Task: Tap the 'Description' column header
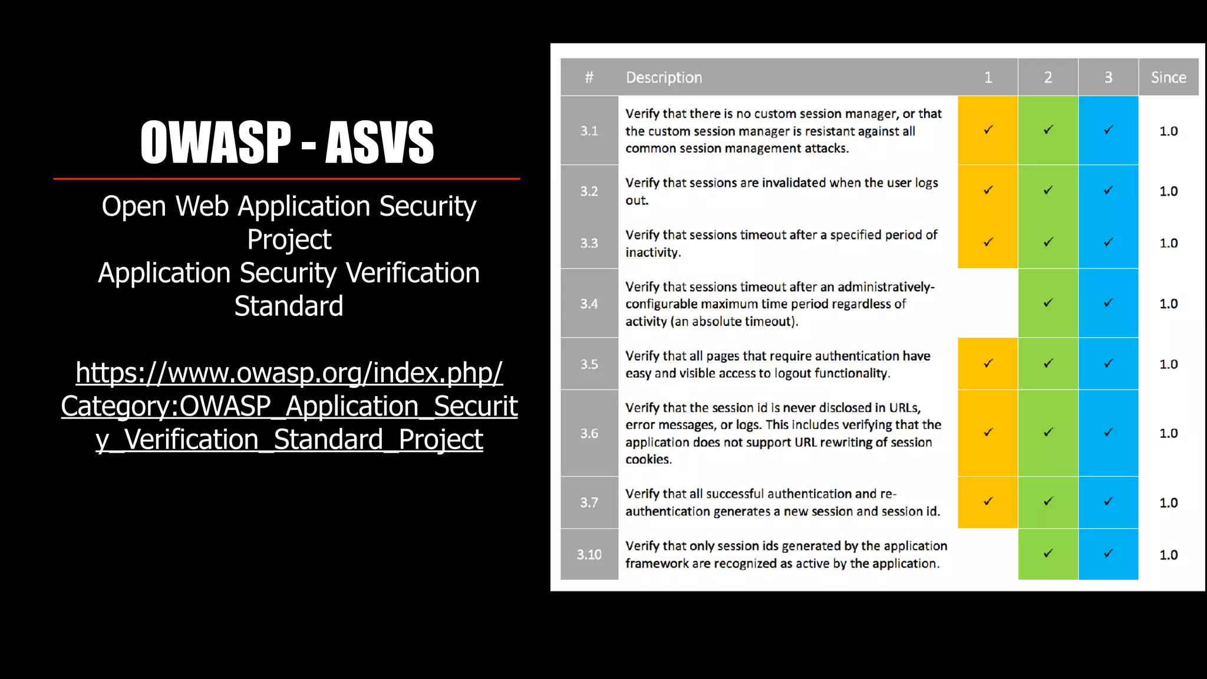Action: pyautogui.click(x=664, y=77)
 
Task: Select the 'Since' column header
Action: pyautogui.click(x=1168, y=77)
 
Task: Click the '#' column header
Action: pyautogui.click(x=589, y=77)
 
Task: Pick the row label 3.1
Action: pyautogui.click(x=589, y=131)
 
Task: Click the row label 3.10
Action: pyautogui.click(x=589, y=555)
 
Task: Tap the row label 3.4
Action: pyautogui.click(x=589, y=304)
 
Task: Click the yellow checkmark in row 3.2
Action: pyautogui.click(x=988, y=190)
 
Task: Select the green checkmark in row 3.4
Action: pyautogui.click(x=1048, y=303)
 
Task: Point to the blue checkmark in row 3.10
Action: pyautogui.click(x=1108, y=553)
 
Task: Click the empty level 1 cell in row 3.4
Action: pyautogui.click(x=988, y=303)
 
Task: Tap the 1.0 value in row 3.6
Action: pyautogui.click(x=1168, y=433)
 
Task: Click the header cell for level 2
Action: pyautogui.click(x=1048, y=77)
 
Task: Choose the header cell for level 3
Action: pyautogui.click(x=1108, y=77)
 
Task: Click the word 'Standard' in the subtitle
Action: pyautogui.click(x=289, y=306)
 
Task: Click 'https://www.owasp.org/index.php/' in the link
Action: pyautogui.click(x=289, y=373)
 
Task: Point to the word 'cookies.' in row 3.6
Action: pyautogui.click(x=648, y=459)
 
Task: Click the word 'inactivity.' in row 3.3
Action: pyautogui.click(x=653, y=252)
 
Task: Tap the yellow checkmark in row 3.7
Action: pyautogui.click(x=988, y=502)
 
